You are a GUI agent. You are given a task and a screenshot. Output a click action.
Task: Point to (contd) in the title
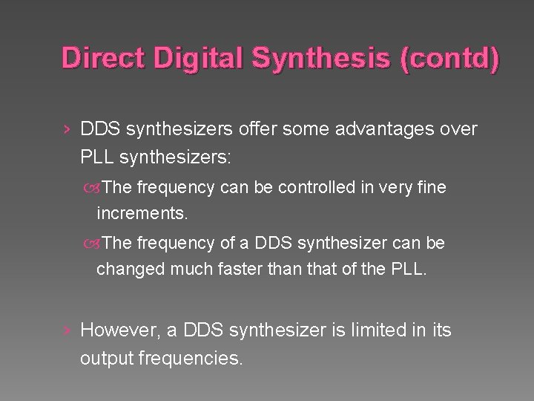tap(449, 57)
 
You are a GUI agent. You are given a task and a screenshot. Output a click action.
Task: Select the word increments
tap(142, 215)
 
